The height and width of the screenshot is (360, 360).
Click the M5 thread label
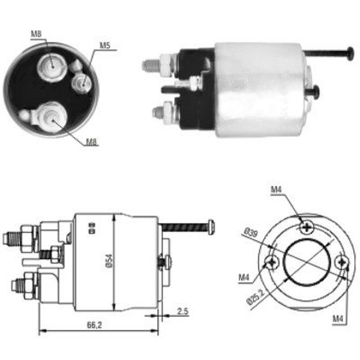[x=105, y=45]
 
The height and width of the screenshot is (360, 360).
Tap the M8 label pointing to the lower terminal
[x=92, y=141]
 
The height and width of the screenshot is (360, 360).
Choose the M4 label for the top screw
[x=276, y=191]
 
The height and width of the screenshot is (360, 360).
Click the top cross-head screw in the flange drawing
[x=307, y=227]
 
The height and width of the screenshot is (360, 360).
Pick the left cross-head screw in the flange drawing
[x=272, y=262]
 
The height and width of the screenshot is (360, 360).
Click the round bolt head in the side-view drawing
[x=211, y=227]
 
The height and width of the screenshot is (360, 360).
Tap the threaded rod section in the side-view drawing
[x=183, y=227]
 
